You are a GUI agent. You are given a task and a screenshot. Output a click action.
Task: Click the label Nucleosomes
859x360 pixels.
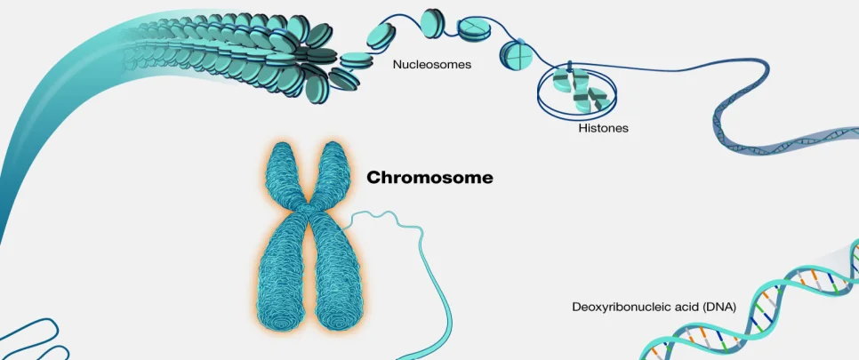(431, 65)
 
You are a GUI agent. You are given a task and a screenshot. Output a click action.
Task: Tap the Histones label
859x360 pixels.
(603, 128)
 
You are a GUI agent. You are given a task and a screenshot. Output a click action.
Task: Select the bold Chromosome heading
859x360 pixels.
(429, 178)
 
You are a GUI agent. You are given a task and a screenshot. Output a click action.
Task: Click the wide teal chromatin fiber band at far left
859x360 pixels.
(36, 133)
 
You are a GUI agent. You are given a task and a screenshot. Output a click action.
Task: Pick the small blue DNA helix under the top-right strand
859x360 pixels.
(783, 142)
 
